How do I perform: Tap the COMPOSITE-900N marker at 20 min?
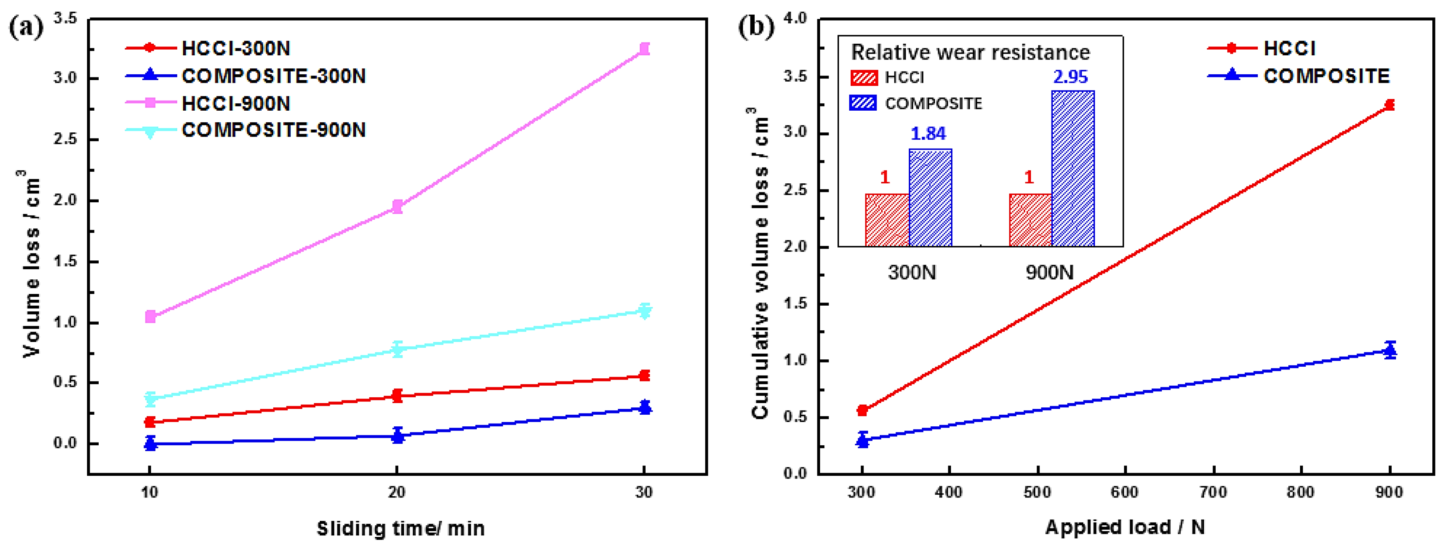(397, 350)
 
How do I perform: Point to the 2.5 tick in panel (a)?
(65, 139)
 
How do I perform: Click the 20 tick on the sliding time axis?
(397, 492)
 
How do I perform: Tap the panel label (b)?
(755, 27)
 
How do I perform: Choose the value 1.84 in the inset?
(928, 134)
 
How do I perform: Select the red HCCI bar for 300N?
(887, 221)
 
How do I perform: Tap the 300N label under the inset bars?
(912, 273)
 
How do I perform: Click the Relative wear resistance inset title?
(970, 52)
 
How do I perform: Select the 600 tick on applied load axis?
(1124, 492)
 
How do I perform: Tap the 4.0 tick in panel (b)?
(795, 19)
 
